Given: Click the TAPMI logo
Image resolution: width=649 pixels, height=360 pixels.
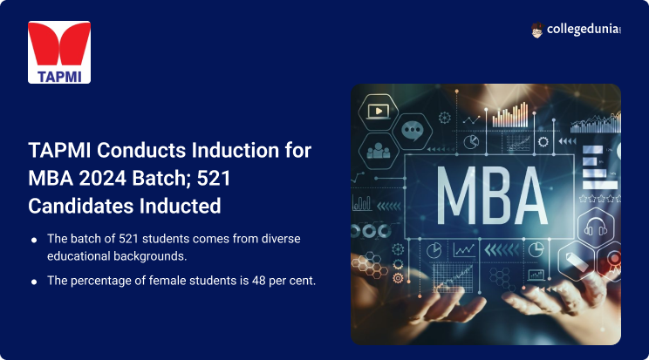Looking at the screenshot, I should coord(59,52).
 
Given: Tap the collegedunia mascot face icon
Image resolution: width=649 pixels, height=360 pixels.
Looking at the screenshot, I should coord(537,31).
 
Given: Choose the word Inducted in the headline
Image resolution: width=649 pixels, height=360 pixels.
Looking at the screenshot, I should coord(182,207).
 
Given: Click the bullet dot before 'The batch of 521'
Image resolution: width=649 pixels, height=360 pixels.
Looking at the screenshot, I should coord(33,240).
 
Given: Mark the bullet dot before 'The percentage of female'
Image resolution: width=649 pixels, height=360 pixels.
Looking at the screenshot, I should coord(33,281).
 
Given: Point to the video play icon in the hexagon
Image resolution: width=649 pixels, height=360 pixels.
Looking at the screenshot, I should coord(379,112).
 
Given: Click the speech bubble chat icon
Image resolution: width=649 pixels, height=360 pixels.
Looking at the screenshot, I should coord(412,132).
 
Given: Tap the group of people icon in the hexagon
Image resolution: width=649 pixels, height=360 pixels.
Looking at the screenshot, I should coord(379,150).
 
